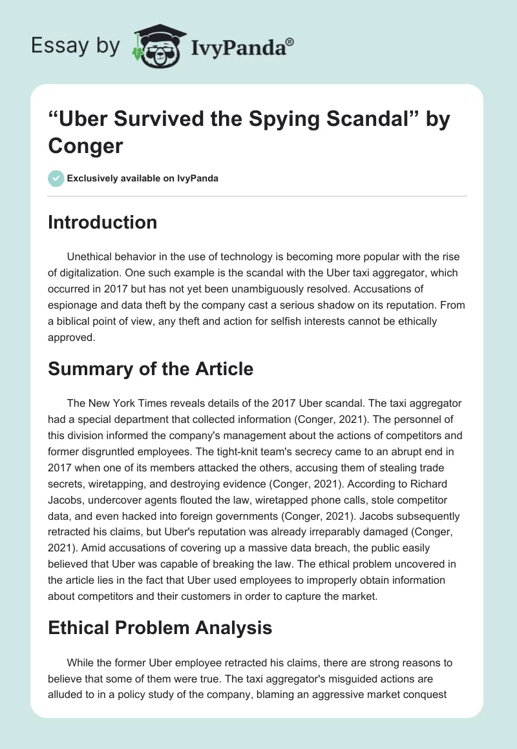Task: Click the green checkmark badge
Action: click(x=56, y=178)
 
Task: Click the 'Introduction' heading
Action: click(x=103, y=222)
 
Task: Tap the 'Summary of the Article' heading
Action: click(x=150, y=370)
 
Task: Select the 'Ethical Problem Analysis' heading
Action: click(x=160, y=627)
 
